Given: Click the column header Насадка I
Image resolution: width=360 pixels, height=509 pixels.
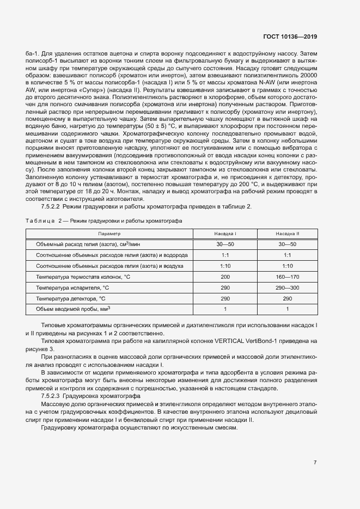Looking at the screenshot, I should pyautogui.click(x=225, y=233).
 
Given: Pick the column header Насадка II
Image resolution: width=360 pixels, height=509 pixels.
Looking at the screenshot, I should pyautogui.click(x=286, y=233).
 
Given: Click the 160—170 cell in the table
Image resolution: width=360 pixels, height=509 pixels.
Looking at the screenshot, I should pyautogui.click(x=286, y=277).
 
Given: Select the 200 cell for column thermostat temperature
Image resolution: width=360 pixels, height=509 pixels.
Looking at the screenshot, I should pyautogui.click(x=225, y=277).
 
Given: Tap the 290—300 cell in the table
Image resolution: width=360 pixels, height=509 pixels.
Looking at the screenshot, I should pyautogui.click(x=286, y=287).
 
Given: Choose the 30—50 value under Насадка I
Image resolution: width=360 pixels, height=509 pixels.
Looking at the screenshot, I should pyautogui.click(x=225, y=244).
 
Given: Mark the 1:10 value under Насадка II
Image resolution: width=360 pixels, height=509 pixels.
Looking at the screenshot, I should pyautogui.click(x=286, y=266).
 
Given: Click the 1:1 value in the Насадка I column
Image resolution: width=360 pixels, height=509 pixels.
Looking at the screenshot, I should pyautogui.click(x=225, y=255).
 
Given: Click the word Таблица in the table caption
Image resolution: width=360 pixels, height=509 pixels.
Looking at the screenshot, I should pyautogui.click(x=39, y=220).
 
